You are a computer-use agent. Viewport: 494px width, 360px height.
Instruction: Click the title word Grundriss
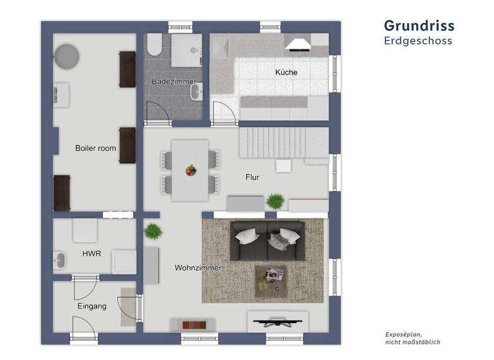coord(419,25)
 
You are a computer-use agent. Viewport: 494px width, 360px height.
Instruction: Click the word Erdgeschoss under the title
coord(418,40)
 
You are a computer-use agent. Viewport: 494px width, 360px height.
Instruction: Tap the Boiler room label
coord(95,148)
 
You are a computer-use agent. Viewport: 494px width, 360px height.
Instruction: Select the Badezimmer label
coord(173,82)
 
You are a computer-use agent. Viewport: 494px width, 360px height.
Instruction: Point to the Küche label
coord(286,73)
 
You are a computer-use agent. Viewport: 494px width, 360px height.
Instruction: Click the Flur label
coord(252,177)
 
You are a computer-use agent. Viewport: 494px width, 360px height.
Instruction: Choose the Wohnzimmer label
coord(198,267)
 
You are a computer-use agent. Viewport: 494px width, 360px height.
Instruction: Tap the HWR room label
coord(91,254)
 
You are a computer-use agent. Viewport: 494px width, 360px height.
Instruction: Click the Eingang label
coord(91,306)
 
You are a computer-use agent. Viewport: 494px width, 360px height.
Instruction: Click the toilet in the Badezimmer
coord(154,45)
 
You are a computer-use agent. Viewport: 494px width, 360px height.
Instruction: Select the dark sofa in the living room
coord(268,241)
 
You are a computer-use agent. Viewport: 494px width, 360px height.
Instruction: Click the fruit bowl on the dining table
coord(190,170)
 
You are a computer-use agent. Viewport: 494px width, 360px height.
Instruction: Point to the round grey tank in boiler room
coord(67,56)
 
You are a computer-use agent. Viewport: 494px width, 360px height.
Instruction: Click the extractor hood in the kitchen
coord(298,44)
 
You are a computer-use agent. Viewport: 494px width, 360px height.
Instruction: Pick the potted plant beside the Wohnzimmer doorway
coord(152,231)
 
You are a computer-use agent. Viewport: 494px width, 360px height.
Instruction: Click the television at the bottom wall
coord(277,321)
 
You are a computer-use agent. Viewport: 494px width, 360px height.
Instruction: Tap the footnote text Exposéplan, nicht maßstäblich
coord(412,339)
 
